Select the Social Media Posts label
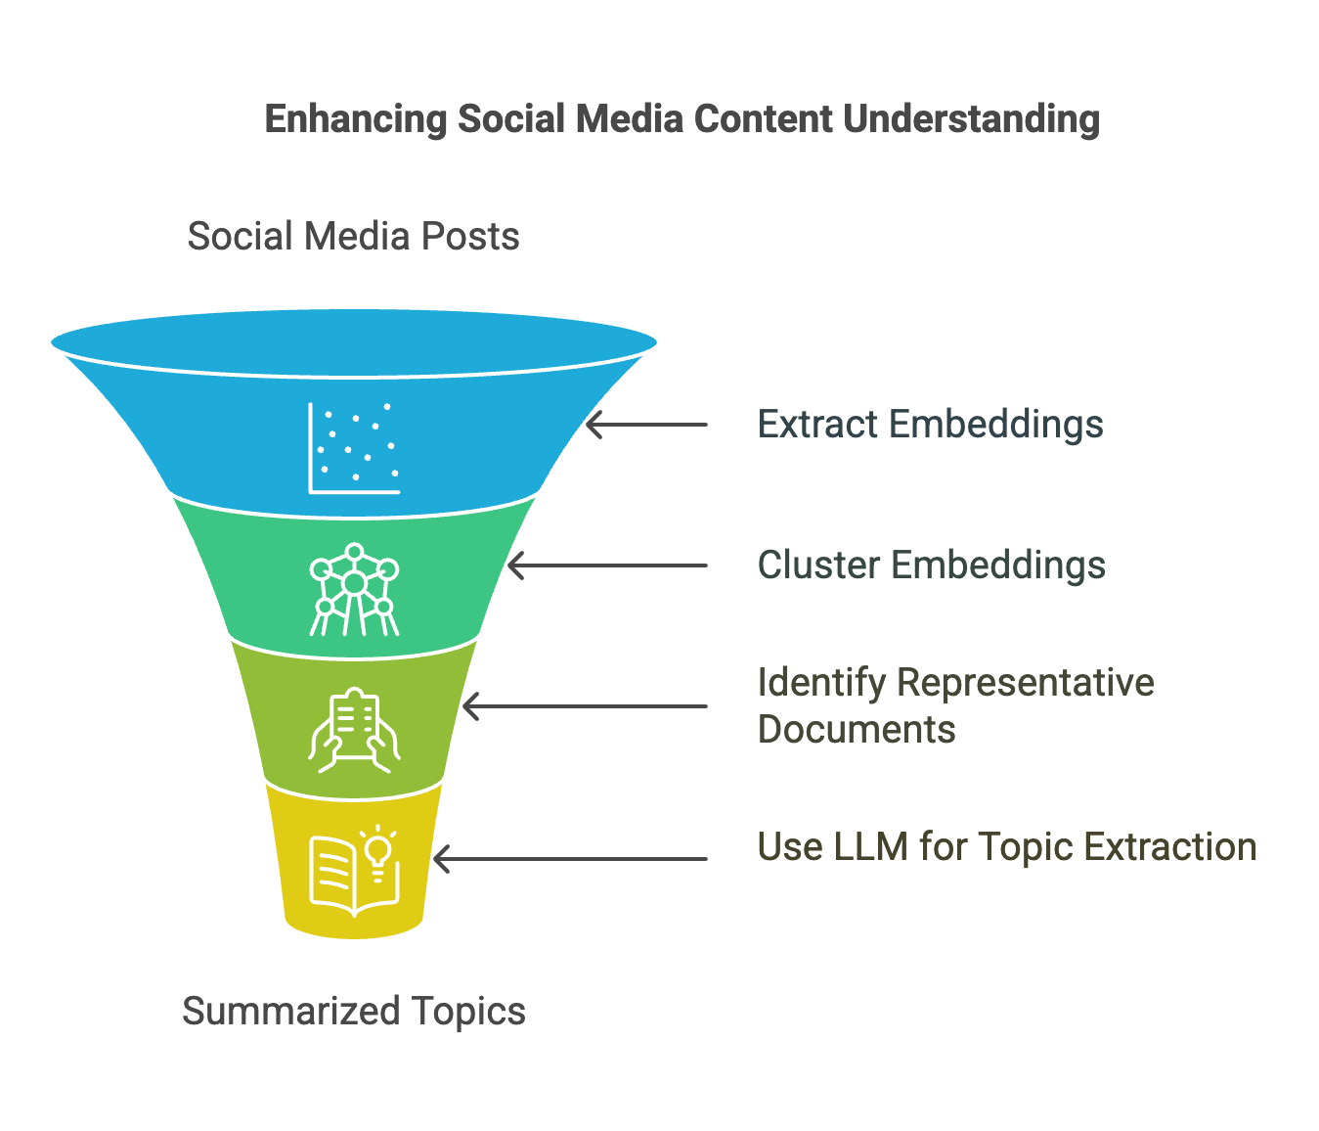click(353, 237)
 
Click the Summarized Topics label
click(353, 1011)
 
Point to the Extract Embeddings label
click(930, 425)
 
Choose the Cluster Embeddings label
click(931, 565)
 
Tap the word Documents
click(857, 730)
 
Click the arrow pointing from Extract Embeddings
click(645, 425)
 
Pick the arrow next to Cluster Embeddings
click(606, 565)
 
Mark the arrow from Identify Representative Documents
click(584, 706)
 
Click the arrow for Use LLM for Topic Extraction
click(569, 859)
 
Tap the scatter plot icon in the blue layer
click(354, 447)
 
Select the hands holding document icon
click(354, 730)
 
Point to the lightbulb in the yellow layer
click(378, 853)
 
